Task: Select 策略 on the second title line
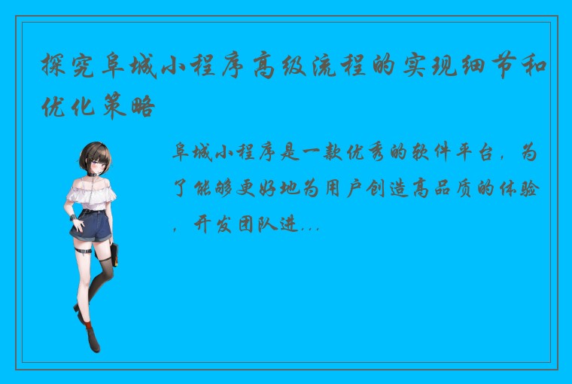tap(138, 107)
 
